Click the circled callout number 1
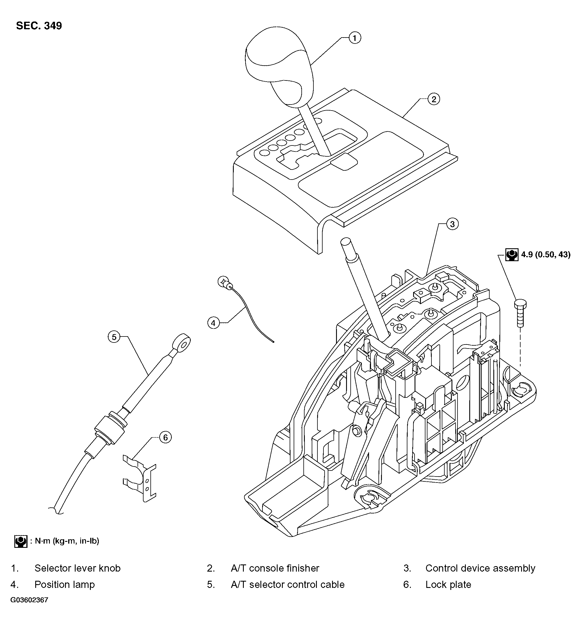(x=355, y=38)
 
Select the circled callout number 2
(x=433, y=99)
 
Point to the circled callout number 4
(x=213, y=323)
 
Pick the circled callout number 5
(x=114, y=337)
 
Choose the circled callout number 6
(x=166, y=437)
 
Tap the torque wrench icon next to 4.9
(x=512, y=255)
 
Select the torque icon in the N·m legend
(x=21, y=541)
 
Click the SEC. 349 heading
(x=39, y=26)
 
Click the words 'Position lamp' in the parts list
(x=64, y=584)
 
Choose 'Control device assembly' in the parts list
(x=480, y=568)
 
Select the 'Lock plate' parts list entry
(x=448, y=584)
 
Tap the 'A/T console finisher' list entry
(x=275, y=568)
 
